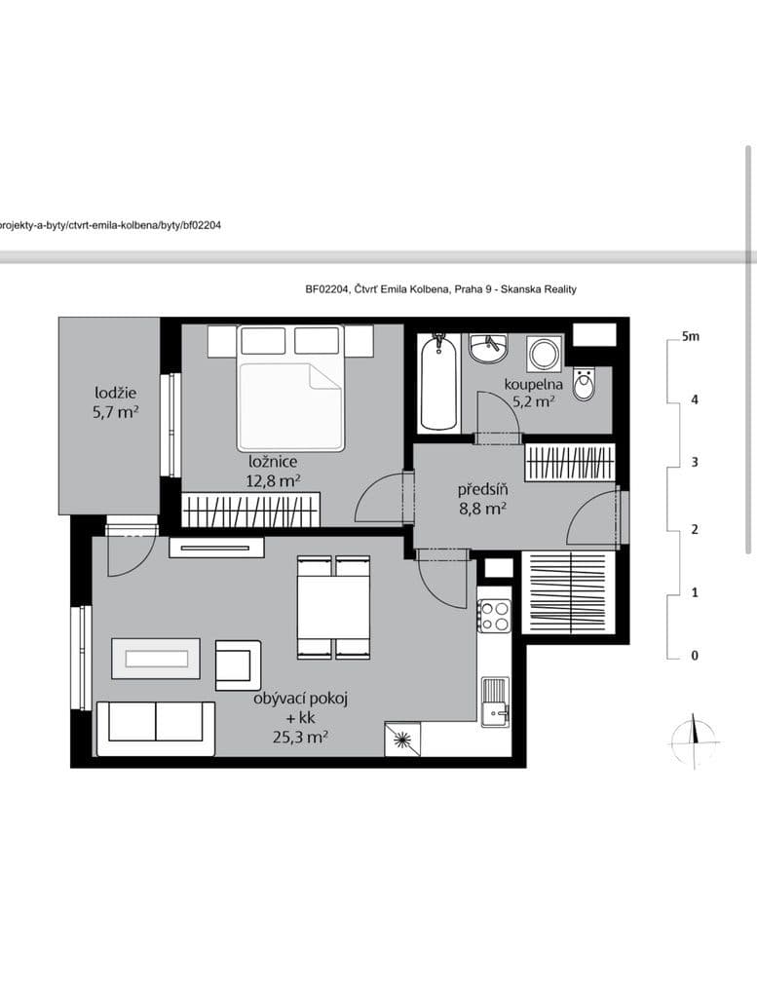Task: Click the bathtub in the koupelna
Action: point(438,382)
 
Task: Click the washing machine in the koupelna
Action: point(543,354)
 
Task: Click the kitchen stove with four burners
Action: point(494,615)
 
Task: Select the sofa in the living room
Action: point(156,727)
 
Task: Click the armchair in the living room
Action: point(238,664)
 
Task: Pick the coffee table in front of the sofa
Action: point(156,659)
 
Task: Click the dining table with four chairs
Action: point(333,606)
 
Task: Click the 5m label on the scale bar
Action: point(690,337)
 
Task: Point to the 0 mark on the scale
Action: point(694,656)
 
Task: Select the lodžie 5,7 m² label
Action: point(115,402)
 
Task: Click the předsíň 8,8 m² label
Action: point(482,498)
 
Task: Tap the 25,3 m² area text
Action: point(300,738)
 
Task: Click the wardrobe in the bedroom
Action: point(251,510)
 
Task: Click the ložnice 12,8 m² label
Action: point(273,471)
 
